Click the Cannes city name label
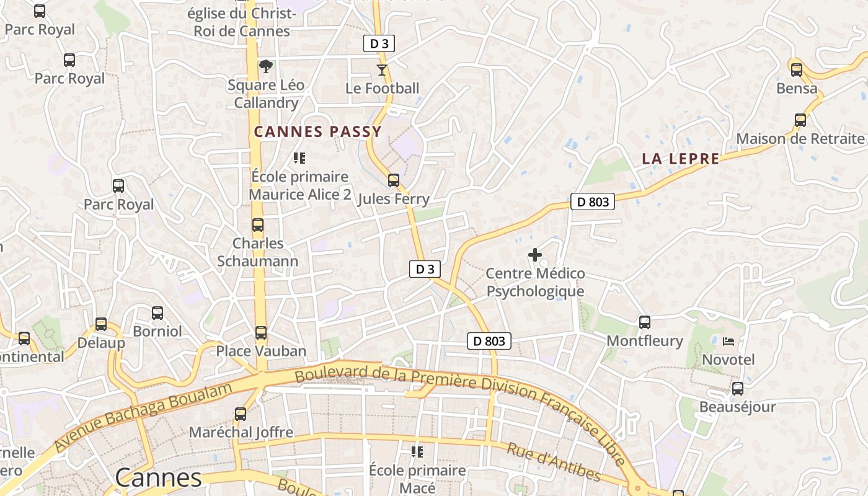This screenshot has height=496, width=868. [x=159, y=477]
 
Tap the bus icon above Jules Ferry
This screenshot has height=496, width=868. [x=393, y=180]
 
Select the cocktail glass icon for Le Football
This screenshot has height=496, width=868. [x=382, y=70]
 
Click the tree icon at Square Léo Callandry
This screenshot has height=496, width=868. [x=265, y=66]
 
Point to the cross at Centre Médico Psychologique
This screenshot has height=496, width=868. [x=534, y=255]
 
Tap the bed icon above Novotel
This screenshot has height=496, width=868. [x=728, y=341]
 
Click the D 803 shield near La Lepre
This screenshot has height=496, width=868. [x=592, y=201]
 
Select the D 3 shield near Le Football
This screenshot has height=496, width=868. [x=378, y=43]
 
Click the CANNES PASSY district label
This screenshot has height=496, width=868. [x=317, y=131]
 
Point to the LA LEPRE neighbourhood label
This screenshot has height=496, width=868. [x=680, y=159]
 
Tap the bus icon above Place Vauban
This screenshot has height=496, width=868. [x=261, y=333]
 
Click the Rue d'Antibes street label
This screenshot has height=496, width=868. [x=554, y=462]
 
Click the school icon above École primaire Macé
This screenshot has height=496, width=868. [x=417, y=451]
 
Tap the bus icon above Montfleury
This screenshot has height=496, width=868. [x=644, y=322]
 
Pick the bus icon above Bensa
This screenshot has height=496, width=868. [x=797, y=70]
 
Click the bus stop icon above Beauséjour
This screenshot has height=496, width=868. [x=737, y=389]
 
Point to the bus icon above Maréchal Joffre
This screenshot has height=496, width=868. [x=241, y=414]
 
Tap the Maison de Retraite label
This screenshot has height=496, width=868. [x=800, y=138]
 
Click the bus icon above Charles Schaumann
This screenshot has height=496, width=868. [x=258, y=225]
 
